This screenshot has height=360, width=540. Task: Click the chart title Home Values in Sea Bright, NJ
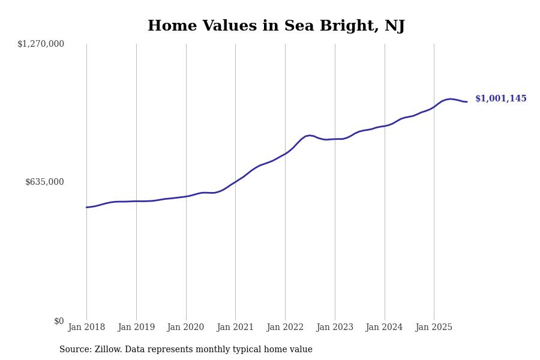[x=276, y=26]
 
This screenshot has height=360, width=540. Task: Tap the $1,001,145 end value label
[x=500, y=99]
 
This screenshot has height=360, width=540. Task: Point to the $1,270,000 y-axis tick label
[x=41, y=44]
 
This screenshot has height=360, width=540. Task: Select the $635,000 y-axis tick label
[x=44, y=182]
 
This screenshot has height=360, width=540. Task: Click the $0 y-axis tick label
[x=59, y=321]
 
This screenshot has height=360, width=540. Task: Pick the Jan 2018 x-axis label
[x=86, y=328]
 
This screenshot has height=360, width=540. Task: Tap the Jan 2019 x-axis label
[x=136, y=328]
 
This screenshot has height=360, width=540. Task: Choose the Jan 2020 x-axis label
[x=186, y=328]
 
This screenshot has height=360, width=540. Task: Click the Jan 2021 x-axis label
[x=235, y=328]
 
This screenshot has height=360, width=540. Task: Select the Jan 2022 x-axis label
[x=285, y=328]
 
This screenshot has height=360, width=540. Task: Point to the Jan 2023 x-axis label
[x=335, y=328]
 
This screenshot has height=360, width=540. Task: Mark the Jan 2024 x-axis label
[x=385, y=328]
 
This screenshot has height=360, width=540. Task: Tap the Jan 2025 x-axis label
[x=434, y=328]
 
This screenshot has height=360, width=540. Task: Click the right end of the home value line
[x=467, y=102]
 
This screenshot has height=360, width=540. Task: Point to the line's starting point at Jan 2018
[x=86, y=208]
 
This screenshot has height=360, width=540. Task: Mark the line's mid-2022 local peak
[x=310, y=136]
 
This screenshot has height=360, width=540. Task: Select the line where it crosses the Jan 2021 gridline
[x=235, y=182]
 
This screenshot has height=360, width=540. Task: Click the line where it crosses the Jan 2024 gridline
[x=385, y=126]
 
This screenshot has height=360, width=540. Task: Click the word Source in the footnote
[x=74, y=350]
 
